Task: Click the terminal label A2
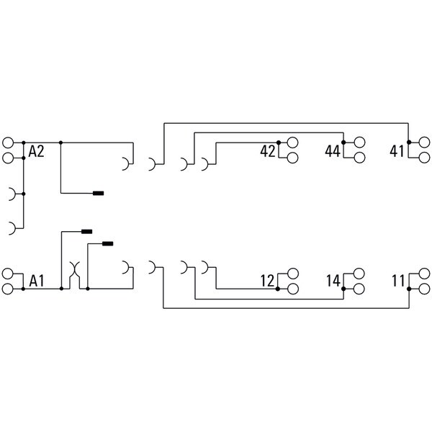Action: tap(36, 151)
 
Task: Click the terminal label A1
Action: tap(37, 282)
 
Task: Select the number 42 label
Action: tap(268, 151)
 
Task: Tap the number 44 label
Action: tap(333, 151)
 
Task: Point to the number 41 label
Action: tap(397, 151)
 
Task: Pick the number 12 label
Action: tap(268, 281)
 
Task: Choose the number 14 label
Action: tap(333, 281)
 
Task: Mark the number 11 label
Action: tap(399, 281)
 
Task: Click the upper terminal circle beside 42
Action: tap(292, 143)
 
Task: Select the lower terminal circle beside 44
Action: tap(359, 158)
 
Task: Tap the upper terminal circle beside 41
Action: tap(424, 143)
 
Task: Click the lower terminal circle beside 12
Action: tap(292, 289)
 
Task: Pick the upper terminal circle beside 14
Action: tap(359, 274)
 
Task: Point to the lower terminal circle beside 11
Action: tap(424, 289)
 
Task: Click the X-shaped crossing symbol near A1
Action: tap(74, 269)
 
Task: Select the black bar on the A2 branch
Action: tap(99, 193)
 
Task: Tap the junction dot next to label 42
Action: tap(279, 143)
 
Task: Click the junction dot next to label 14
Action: tap(343, 289)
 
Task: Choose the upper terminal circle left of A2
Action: tap(8, 143)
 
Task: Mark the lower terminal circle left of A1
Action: tap(8, 289)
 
